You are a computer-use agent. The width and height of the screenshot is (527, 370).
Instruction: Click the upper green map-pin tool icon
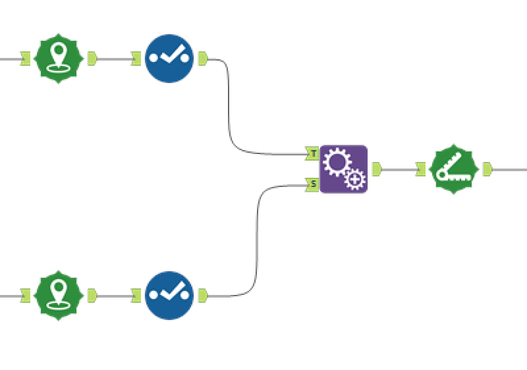[59, 59]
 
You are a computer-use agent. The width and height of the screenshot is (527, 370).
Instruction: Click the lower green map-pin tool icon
[59, 296]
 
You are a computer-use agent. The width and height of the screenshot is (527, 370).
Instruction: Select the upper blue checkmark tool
[169, 59]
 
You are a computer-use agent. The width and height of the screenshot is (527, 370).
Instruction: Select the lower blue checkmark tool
[169, 296]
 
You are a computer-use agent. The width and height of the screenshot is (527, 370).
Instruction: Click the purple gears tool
[343, 169]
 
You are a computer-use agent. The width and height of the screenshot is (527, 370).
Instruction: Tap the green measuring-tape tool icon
[453, 169]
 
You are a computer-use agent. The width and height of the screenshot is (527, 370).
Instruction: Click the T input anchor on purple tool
[313, 153]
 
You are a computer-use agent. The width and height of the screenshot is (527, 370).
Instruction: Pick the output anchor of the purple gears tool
[377, 169]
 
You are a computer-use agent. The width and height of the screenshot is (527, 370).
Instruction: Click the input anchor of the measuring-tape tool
[421, 169]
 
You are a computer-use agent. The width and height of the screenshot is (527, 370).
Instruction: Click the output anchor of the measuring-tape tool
[487, 169]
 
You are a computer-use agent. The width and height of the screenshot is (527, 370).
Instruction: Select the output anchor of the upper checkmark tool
[203, 59]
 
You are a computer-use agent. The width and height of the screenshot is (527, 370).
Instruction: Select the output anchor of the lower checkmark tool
[203, 296]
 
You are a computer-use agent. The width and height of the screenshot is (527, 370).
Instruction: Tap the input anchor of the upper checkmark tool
[136, 59]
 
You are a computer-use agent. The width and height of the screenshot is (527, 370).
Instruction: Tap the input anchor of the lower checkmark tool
[136, 296]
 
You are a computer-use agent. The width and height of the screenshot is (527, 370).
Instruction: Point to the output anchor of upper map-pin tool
[92, 59]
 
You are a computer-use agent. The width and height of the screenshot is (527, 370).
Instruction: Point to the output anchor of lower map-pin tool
[92, 296]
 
